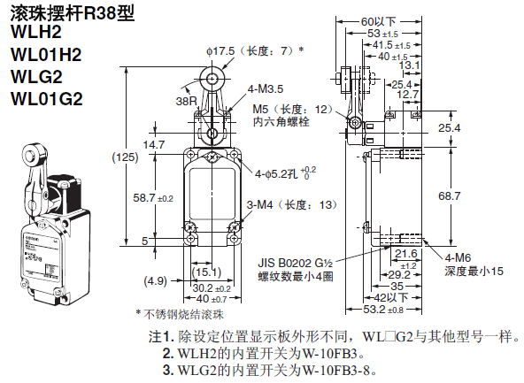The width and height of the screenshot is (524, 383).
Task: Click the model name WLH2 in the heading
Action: (36, 32)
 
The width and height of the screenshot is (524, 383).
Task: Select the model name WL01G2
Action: (46, 99)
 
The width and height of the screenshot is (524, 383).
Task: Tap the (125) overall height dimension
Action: (125, 157)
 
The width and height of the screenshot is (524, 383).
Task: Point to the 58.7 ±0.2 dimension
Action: (153, 198)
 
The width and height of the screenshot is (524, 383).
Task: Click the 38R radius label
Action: (187, 101)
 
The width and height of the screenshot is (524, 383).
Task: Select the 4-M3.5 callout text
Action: (265, 89)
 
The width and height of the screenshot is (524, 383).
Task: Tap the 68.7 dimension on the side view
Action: (449, 196)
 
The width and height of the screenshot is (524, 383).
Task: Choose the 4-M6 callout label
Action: (458, 257)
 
